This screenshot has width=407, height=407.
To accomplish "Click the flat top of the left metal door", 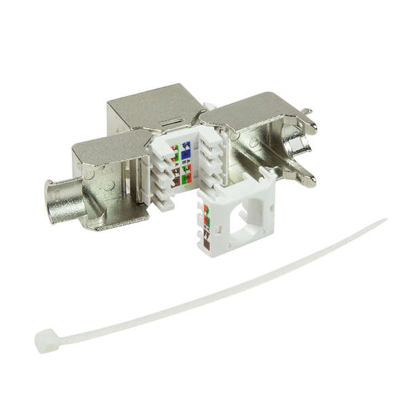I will pyautogui.click(x=109, y=144).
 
